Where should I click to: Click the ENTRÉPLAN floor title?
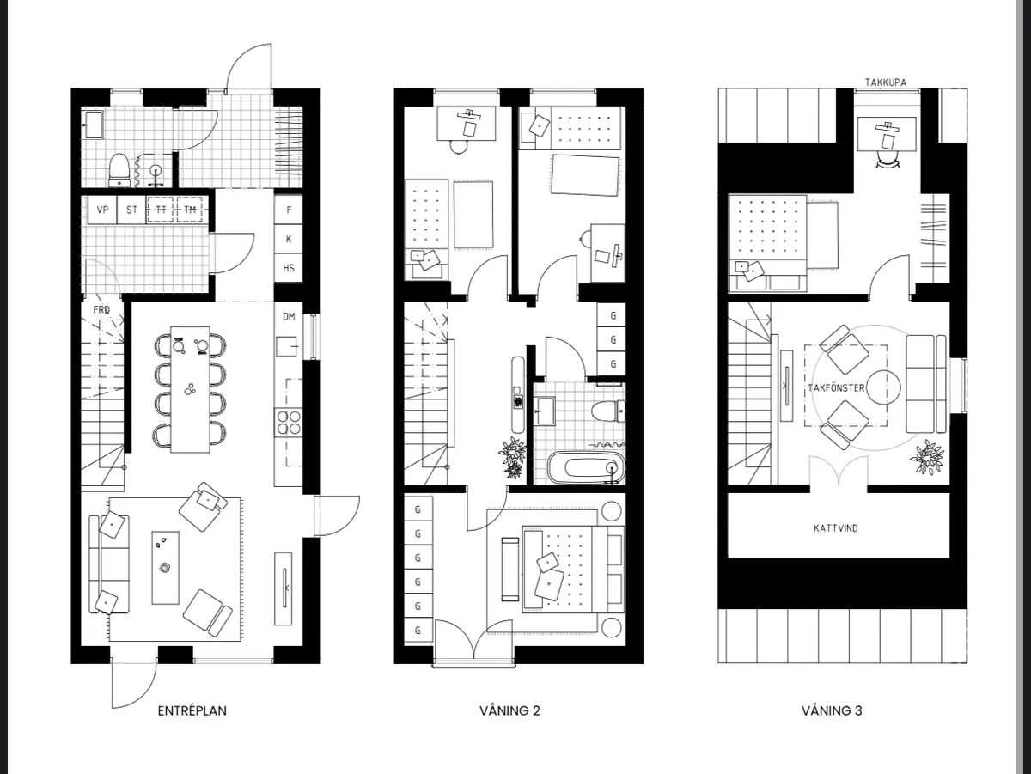[x=192, y=710]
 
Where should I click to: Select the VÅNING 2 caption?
[x=509, y=710]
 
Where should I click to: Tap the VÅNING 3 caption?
[x=832, y=710]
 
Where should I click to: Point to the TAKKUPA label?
[x=885, y=82]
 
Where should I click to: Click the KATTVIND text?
[x=835, y=527]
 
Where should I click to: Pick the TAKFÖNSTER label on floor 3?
[x=835, y=388]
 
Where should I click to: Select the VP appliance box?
[x=103, y=210]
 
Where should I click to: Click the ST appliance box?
[x=132, y=210]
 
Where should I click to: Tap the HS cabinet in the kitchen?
[x=289, y=268]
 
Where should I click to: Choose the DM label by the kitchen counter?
[x=289, y=317]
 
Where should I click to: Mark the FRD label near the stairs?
[x=101, y=309]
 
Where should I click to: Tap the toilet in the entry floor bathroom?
[x=120, y=168]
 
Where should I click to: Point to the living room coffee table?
[x=166, y=567]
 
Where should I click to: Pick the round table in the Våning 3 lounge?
[x=882, y=388]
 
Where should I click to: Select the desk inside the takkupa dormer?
[x=887, y=129]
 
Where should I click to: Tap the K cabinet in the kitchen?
[x=289, y=239]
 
